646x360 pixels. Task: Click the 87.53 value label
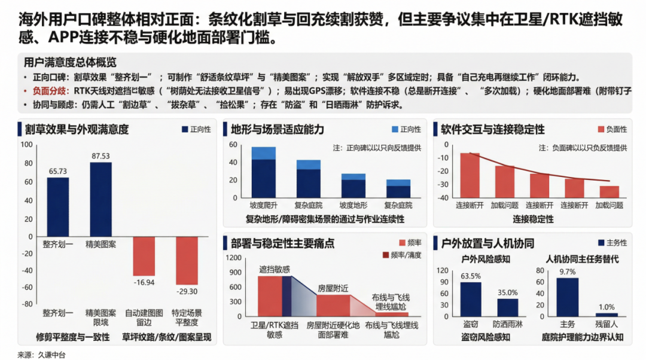click(100, 156)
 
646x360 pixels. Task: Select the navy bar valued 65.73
click(58, 206)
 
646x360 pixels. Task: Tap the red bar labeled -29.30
click(187, 260)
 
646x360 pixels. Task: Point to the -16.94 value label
click(144, 282)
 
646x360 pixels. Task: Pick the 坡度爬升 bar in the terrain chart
click(263, 173)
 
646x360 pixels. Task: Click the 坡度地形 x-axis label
click(353, 205)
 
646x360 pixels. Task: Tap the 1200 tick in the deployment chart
click(234, 258)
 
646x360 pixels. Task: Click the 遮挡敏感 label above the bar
click(275, 269)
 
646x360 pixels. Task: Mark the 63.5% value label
click(471, 276)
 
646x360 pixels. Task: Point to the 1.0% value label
click(607, 307)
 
